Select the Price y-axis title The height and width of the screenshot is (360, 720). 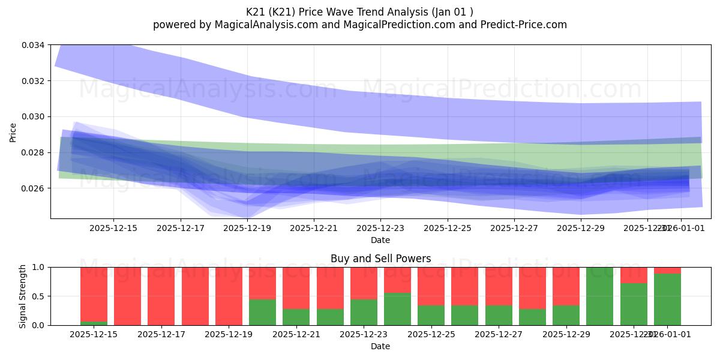(x=13, y=132)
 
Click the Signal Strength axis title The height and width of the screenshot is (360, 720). (x=22, y=296)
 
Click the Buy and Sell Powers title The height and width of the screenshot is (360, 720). (x=380, y=259)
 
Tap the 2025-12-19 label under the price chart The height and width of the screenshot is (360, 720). (x=247, y=228)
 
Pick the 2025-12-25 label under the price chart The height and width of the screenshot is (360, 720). (x=447, y=228)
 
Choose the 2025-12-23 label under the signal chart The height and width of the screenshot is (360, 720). (x=364, y=334)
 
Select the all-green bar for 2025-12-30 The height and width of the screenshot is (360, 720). (x=599, y=296)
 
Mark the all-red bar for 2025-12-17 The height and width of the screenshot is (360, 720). (x=161, y=296)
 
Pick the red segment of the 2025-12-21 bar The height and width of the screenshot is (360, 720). (x=296, y=288)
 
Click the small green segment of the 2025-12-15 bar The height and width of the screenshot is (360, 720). (x=94, y=323)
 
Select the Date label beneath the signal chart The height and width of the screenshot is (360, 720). (x=380, y=346)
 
